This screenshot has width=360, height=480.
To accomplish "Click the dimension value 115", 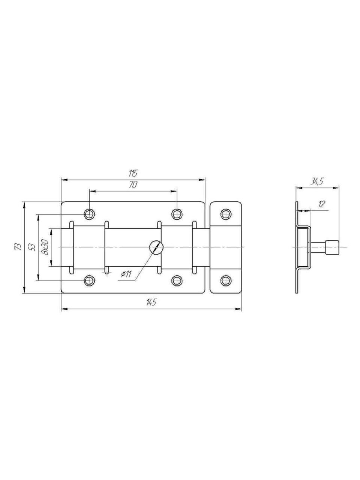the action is [133, 173].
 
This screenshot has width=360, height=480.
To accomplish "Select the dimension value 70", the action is [133, 185].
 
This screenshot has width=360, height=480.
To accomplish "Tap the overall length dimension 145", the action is [151, 302].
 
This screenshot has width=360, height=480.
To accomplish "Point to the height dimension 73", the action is [19, 247].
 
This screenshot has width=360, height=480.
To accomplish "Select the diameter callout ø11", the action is [126, 274].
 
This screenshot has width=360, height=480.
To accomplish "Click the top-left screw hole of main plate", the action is [89, 214].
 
